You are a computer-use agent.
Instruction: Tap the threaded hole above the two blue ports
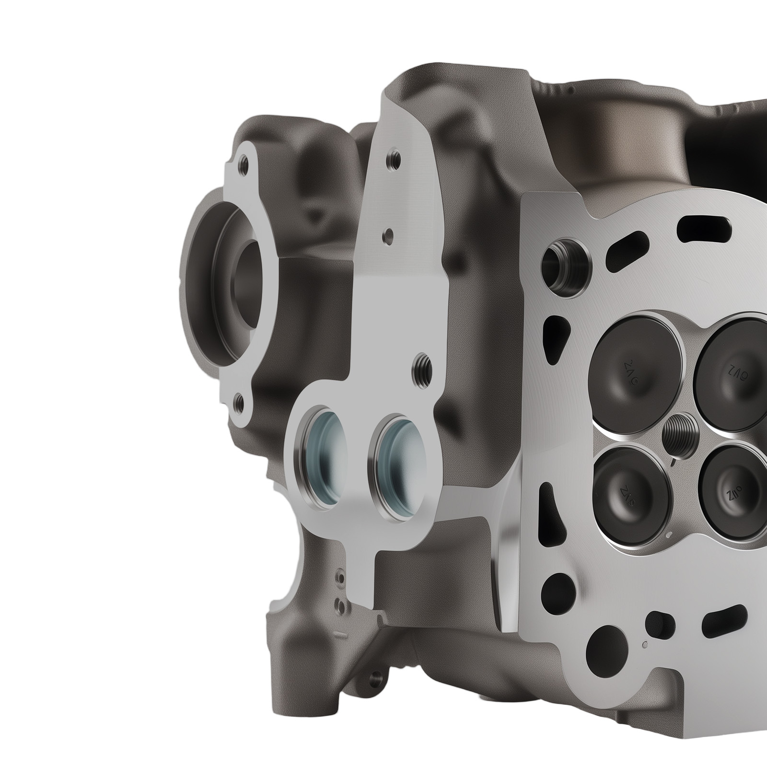[422, 367]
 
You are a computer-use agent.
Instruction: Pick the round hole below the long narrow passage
[558, 587]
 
